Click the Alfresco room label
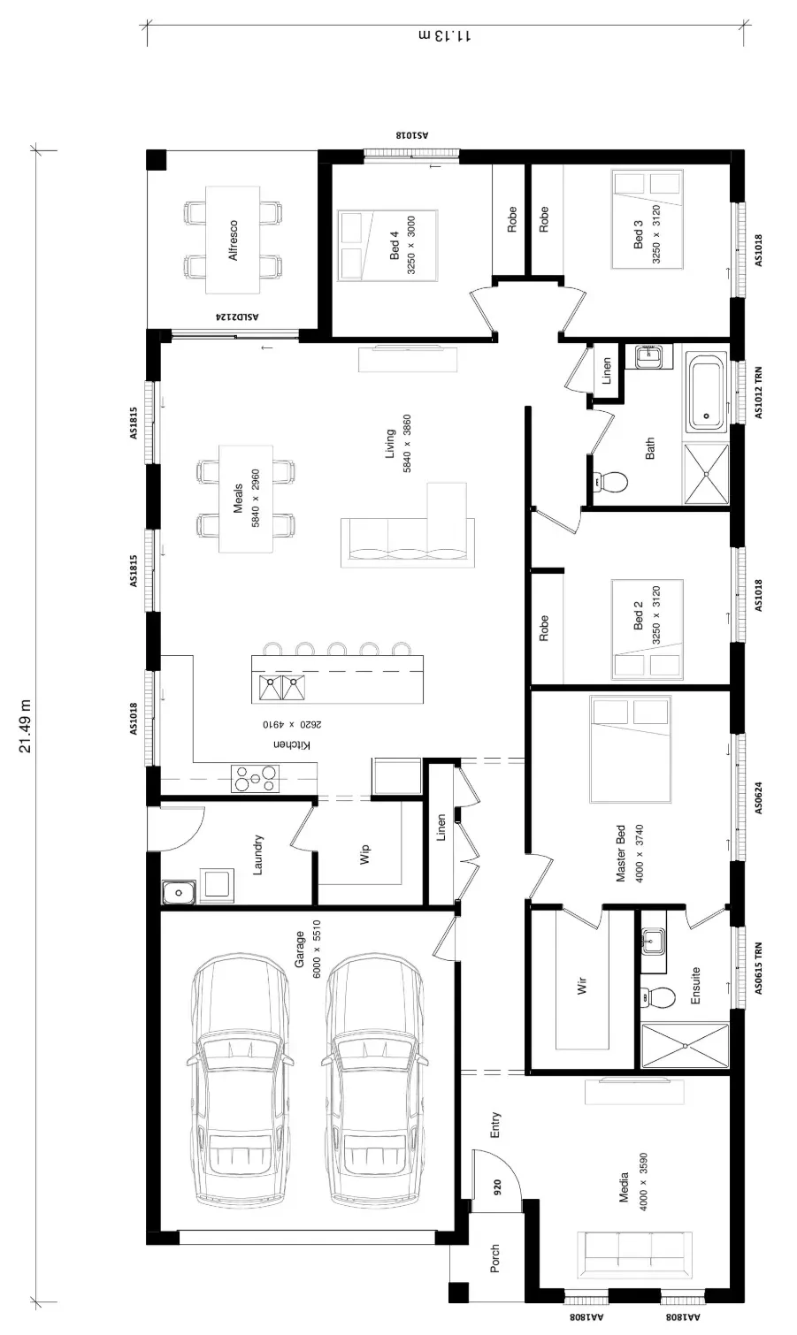pyautogui.click(x=233, y=240)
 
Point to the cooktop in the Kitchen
pyautogui.click(x=255, y=778)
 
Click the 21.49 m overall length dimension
pyautogui.click(x=25, y=726)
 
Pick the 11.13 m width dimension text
pyautogui.click(x=445, y=35)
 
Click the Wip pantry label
pyautogui.click(x=364, y=853)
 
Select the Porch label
pyautogui.click(x=494, y=1258)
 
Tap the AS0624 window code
pyautogui.click(x=758, y=797)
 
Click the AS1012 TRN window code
pyautogui.click(x=758, y=393)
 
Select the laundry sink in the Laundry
pyautogui.click(x=178, y=892)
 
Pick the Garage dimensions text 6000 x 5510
pyautogui.click(x=316, y=950)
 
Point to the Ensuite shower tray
pyautogui.click(x=685, y=1045)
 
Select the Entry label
pyautogui.click(x=495, y=1125)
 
